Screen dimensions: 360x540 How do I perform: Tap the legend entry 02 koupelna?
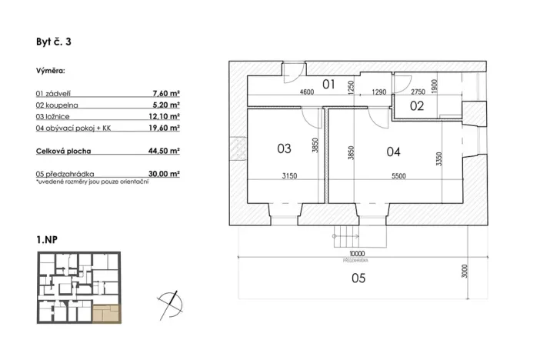(58, 104)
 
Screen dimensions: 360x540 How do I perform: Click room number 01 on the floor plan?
(328, 84)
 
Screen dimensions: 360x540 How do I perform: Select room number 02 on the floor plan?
(416, 106)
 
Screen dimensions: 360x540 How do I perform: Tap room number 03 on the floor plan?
(283, 148)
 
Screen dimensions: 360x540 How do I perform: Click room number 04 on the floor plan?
(393, 152)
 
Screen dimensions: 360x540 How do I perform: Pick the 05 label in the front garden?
(357, 279)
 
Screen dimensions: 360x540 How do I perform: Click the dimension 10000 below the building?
(356, 253)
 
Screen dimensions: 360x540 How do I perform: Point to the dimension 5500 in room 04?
(398, 177)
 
